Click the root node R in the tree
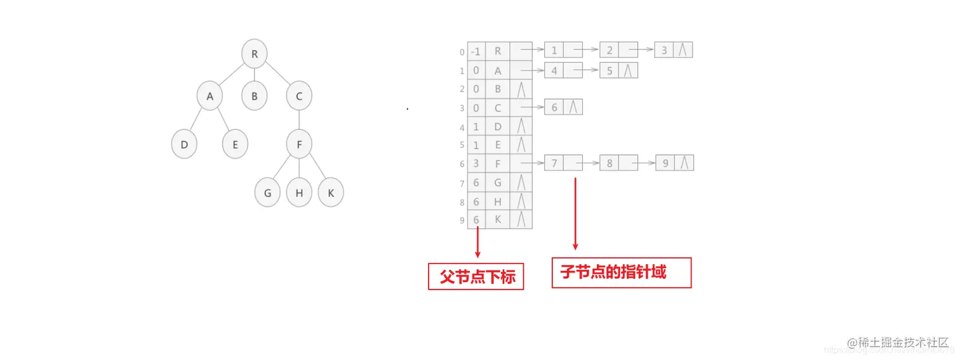coord(254,54)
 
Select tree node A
coord(210,97)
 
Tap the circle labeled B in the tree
coord(254,97)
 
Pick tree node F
coord(299,144)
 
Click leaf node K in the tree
coord(331,193)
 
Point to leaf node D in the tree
coord(184,144)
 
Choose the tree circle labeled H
coord(299,193)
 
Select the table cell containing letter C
coord(498,108)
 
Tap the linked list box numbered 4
coord(554,70)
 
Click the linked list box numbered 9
coord(665,163)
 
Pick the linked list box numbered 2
coord(610,50)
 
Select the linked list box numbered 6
coord(554,107)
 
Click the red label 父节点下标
coord(476,277)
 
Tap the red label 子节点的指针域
coord(613,272)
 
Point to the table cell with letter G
coord(498,183)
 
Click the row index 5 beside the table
coord(462,145)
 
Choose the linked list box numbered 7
coord(554,163)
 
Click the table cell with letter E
coord(498,145)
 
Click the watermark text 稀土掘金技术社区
coord(903,343)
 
